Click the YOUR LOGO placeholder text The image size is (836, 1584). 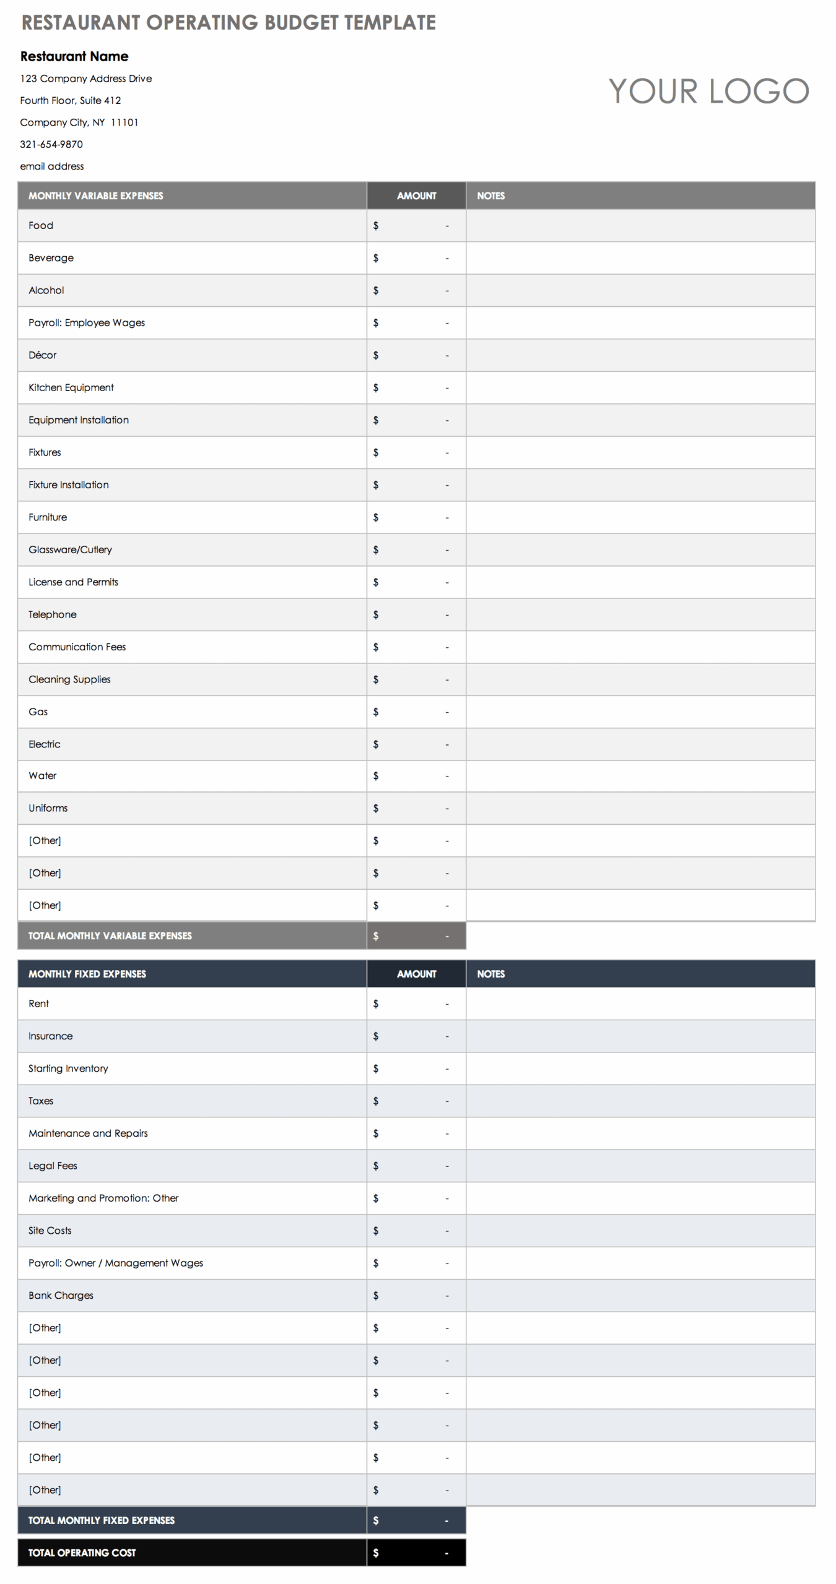point(708,92)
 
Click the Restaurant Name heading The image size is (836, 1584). point(74,56)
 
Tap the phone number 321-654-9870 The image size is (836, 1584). point(51,144)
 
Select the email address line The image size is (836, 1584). point(52,166)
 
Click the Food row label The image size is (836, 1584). point(41,226)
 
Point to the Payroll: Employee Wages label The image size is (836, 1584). point(87,323)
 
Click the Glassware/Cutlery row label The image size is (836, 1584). point(70,550)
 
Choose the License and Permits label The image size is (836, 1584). point(73,582)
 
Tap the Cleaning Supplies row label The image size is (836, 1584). point(69,679)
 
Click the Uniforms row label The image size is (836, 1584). point(48,808)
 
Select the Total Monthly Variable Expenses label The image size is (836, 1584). point(110,936)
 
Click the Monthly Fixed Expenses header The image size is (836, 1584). point(87,974)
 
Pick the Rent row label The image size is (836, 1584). point(38,1004)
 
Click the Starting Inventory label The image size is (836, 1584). point(68,1069)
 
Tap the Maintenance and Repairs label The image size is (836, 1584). point(88,1134)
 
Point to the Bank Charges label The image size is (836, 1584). point(61,1296)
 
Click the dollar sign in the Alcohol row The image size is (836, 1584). point(376,291)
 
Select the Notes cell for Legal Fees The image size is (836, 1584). point(640,1166)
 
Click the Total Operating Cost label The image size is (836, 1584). point(82,1552)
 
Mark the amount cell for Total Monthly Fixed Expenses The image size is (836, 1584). point(416,1520)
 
